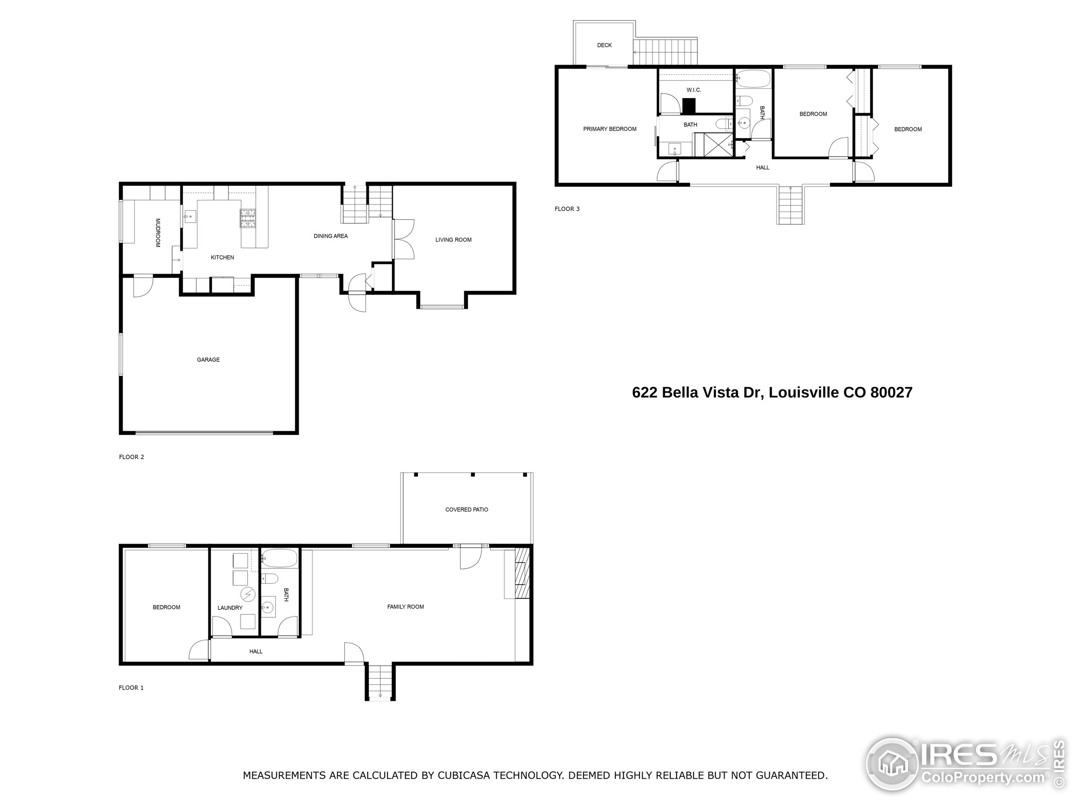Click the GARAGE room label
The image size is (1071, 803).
208,360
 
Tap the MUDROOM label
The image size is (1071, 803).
158,233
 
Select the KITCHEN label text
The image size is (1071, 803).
222,258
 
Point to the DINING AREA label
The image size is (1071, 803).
331,236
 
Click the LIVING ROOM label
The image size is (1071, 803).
453,240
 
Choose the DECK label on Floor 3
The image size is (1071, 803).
604,45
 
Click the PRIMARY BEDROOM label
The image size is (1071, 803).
610,129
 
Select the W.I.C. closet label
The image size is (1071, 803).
694,90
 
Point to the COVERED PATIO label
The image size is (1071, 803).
467,510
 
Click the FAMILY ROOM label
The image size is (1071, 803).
405,606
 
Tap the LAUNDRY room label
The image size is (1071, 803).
230,608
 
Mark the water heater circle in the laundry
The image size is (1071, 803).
249,593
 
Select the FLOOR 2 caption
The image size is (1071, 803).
131,457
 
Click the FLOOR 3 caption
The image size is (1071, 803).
567,209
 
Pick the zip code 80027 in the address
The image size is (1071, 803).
892,393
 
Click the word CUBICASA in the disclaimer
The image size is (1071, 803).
468,775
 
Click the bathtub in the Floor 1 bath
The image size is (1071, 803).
279,559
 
